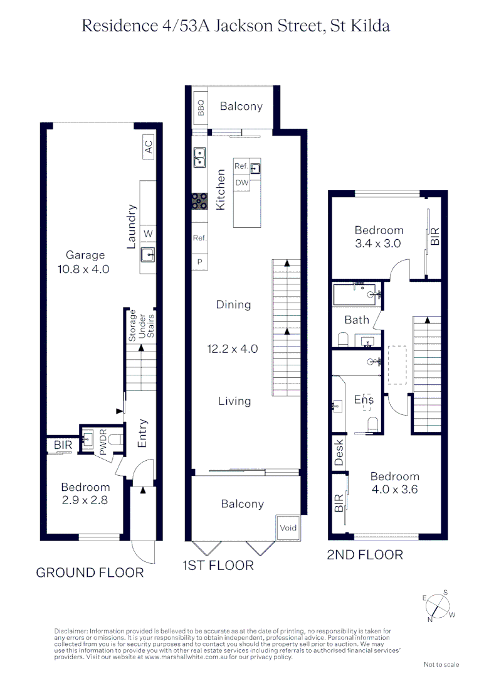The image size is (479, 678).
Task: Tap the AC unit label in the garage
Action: pos(149,147)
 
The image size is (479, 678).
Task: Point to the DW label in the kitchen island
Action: pos(241,183)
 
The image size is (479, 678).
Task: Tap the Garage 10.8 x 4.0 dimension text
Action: pos(86,262)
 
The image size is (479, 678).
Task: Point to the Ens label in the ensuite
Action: pos(364,399)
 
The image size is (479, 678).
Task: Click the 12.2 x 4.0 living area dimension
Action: pos(233,349)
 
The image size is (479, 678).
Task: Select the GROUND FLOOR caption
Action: pos(90,573)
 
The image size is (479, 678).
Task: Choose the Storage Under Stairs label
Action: pos(141,325)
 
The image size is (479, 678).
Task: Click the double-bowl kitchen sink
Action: pos(200,157)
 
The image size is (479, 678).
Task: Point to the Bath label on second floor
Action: pos(357,320)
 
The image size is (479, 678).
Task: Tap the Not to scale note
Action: pos(441,664)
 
